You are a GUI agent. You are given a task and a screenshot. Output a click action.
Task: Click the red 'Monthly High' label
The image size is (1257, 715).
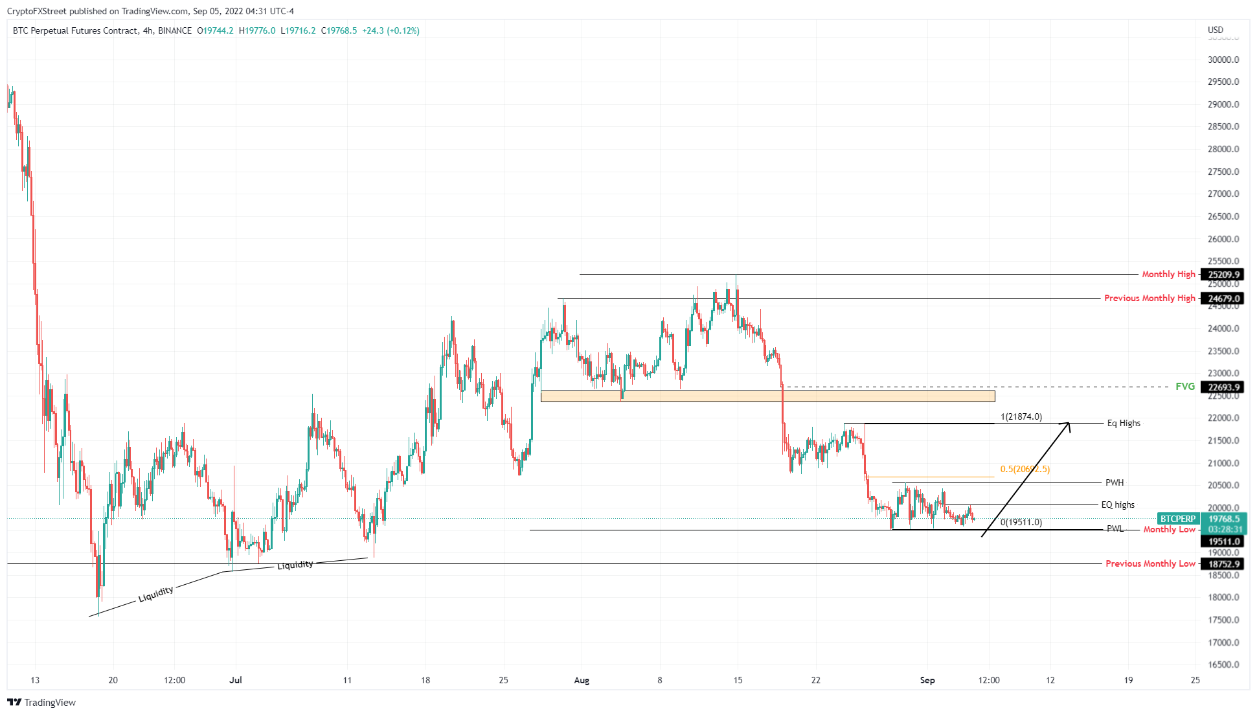[1168, 274]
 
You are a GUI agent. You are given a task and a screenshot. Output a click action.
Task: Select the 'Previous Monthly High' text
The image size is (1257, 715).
[1149, 298]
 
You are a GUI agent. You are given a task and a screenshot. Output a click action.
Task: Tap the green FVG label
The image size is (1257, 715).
[1185, 387]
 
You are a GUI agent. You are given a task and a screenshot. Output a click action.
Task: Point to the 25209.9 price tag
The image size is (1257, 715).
[1223, 275]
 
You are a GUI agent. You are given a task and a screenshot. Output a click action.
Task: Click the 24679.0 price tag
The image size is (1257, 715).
[1223, 299]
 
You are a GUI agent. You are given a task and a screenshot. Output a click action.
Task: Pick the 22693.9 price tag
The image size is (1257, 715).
[1223, 387]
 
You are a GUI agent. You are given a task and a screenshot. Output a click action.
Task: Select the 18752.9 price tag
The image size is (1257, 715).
[1223, 564]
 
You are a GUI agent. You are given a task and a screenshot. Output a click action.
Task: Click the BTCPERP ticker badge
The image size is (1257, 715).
[1178, 519]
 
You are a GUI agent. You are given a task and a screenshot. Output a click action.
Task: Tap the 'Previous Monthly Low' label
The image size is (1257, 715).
[1150, 563]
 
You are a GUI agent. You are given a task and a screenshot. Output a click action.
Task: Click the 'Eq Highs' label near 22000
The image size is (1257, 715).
[1124, 423]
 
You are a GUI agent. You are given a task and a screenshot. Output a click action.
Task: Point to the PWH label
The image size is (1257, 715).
[1115, 482]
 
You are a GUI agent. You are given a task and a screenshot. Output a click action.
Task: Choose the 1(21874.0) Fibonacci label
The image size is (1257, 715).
[1021, 416]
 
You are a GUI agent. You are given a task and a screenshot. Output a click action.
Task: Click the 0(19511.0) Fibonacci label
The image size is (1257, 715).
[1021, 522]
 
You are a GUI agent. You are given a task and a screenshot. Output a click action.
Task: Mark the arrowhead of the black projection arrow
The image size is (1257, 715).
[1069, 424]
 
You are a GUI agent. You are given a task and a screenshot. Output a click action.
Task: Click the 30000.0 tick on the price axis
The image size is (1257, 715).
[1223, 60]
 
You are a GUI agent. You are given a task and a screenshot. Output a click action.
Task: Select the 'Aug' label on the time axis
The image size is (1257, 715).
[582, 680]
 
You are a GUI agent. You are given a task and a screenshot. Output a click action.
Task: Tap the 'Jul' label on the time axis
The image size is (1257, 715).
[236, 680]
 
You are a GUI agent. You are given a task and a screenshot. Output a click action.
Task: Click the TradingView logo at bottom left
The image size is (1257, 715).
[41, 702]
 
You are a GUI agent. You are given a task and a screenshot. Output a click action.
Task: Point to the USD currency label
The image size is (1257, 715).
[1216, 30]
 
